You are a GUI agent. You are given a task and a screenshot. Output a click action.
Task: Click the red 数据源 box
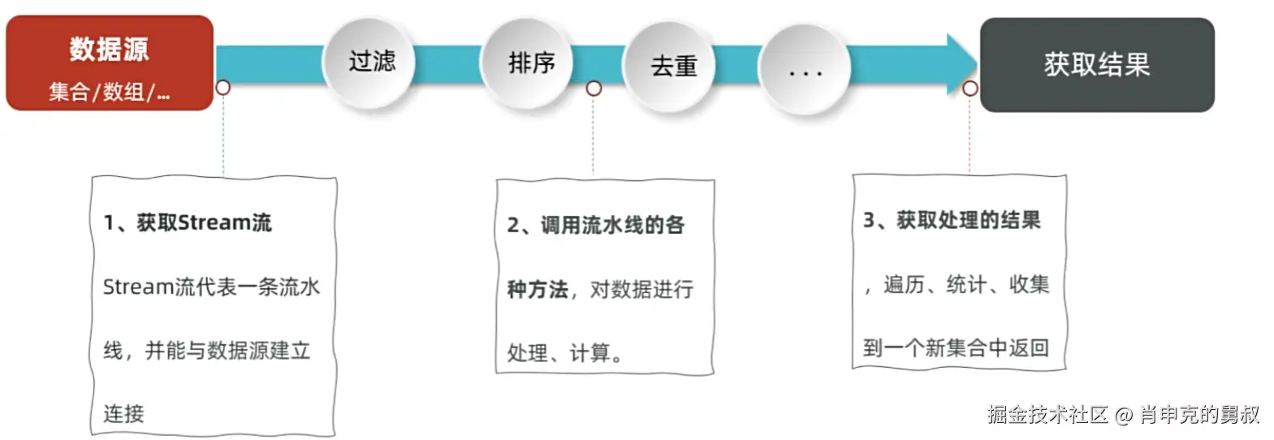pos(109,63)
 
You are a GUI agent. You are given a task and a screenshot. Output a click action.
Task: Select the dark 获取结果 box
pos(1096,65)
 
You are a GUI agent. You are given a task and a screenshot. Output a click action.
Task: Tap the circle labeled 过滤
pos(371,62)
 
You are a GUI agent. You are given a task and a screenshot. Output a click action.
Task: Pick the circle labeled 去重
pos(672,66)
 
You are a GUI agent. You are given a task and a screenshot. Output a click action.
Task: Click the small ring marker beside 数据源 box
pos(222,88)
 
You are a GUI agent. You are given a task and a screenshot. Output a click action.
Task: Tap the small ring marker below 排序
pos(594,88)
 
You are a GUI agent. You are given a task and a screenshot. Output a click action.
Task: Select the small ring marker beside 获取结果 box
pos(970,88)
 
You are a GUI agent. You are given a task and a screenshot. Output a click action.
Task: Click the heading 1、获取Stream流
pos(188,222)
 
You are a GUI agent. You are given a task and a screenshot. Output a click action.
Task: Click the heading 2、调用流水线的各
pos(596,225)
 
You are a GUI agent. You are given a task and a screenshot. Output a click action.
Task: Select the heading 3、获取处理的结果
pos(952,220)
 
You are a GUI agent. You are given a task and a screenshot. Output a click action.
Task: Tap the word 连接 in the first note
pos(123,414)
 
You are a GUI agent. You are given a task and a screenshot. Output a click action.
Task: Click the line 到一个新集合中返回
pos(956,348)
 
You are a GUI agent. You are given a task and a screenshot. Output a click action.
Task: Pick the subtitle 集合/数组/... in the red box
pos(109,93)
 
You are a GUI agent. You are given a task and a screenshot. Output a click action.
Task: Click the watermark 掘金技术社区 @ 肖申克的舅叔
pos(1123,415)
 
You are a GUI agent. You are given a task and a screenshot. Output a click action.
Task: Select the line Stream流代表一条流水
pos(211,287)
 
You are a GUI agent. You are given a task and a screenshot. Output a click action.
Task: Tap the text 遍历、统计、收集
pos(966,284)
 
